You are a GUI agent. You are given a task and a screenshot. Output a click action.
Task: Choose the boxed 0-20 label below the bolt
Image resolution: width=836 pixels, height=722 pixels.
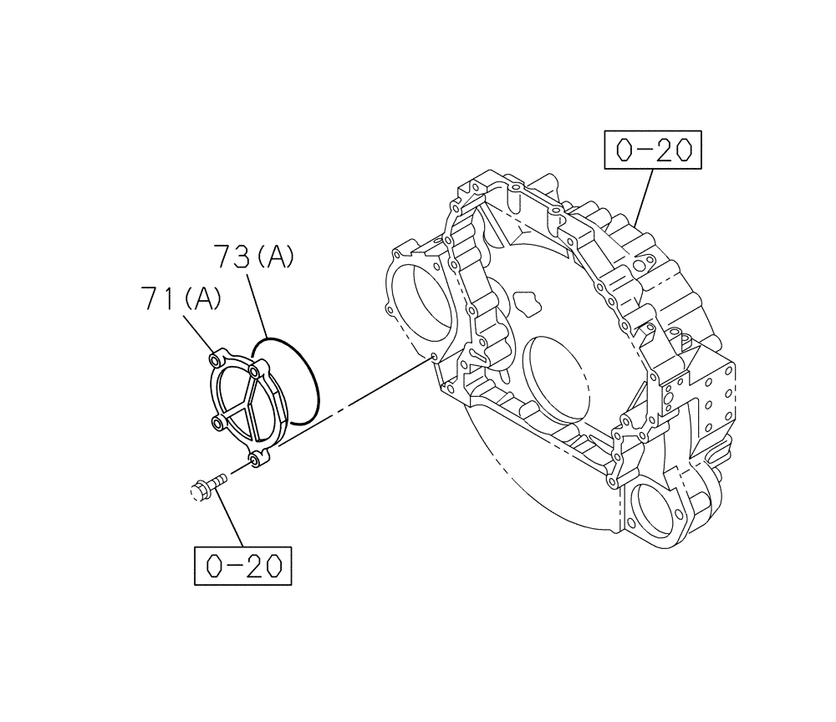click(x=242, y=568)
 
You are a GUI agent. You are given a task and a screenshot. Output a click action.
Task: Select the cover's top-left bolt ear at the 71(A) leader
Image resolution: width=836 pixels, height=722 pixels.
click(x=217, y=360)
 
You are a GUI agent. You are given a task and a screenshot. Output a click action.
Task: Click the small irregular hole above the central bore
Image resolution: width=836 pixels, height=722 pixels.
click(x=527, y=300)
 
